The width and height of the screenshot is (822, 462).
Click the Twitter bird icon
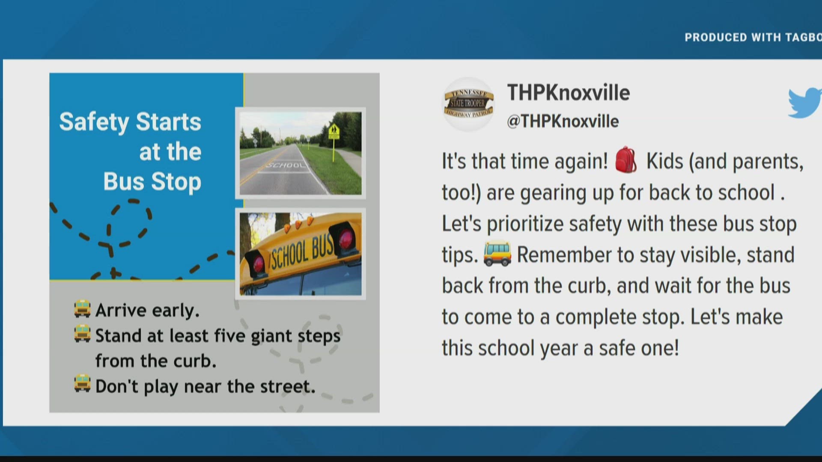pos(805,103)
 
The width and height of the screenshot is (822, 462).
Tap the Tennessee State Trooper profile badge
pos(468,104)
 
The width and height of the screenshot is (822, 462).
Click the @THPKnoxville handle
pos(563,121)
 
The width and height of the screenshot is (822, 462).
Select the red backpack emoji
pos(626,160)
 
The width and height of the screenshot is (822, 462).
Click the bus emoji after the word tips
pos(497,254)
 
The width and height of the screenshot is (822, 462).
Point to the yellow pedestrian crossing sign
pos(334,131)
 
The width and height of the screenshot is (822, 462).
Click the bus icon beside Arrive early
pos(82,309)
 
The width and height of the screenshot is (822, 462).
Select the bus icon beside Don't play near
pos(82,384)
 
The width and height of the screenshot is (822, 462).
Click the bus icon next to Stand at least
pos(82,334)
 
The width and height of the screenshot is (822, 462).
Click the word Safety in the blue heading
pos(94,122)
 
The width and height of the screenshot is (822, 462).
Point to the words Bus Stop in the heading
pos(152,182)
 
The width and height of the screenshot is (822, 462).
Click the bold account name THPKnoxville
pos(568,93)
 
